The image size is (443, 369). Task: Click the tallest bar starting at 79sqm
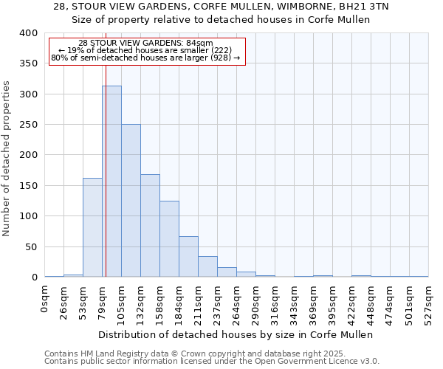111,181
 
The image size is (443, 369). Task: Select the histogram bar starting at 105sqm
131,201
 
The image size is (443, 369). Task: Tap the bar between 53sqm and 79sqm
92,227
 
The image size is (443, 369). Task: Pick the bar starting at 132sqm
150,225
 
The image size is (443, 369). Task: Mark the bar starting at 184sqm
188,256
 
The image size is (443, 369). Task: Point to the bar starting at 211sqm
207,266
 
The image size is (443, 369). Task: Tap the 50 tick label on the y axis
31,246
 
